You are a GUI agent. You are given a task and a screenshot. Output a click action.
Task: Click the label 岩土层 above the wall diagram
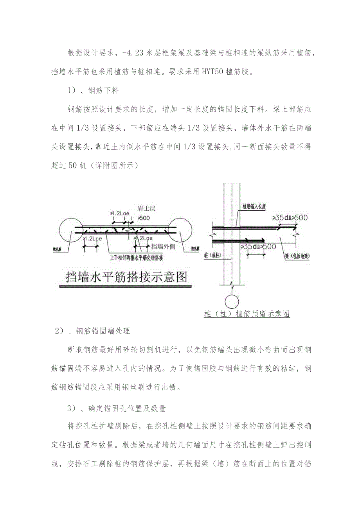click(147, 209)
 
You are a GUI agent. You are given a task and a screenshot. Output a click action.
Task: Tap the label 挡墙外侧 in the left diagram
click(162, 247)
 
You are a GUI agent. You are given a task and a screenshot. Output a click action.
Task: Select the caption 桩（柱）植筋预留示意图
click(247, 314)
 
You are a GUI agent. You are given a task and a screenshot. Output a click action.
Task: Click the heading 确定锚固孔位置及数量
click(127, 409)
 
